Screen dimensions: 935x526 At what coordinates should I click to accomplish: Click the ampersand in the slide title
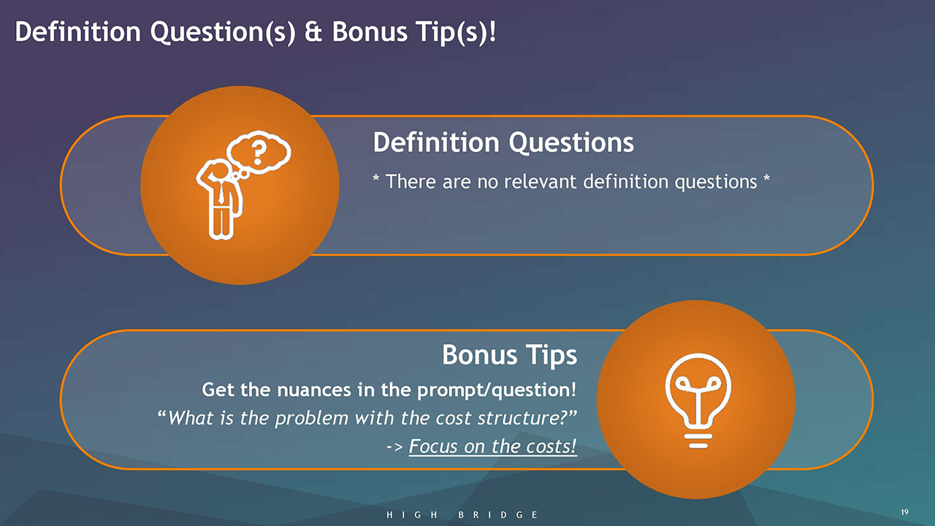point(313,31)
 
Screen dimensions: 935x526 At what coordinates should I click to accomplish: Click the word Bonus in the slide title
point(370,31)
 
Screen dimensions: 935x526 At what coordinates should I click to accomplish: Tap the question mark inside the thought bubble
point(259,153)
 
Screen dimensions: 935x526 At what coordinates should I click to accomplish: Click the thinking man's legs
point(221,221)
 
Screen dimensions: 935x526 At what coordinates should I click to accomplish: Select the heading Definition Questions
point(503,142)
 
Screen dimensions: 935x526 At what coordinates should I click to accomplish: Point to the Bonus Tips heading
point(509,355)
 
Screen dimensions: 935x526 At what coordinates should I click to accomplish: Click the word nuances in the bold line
point(314,390)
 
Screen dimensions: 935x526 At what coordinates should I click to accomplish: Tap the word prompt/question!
point(497,390)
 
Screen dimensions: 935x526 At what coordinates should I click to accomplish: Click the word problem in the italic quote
point(311,419)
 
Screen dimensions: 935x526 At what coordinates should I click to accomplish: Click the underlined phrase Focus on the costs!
point(493,446)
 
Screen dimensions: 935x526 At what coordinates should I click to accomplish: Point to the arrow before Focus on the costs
point(394,447)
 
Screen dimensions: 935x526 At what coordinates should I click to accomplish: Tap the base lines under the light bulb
point(698,441)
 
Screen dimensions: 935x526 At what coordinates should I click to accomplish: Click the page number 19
point(904,512)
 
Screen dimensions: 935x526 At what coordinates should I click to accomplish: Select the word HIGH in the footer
point(411,515)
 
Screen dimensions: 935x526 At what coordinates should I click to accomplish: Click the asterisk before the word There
point(376,178)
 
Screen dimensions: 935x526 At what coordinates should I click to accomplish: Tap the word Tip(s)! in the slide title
point(457,31)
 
